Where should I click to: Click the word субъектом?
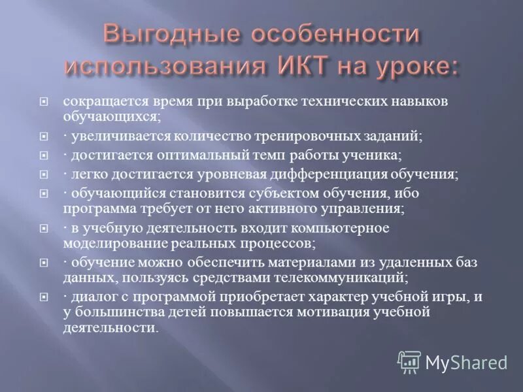pyautogui.click(x=275, y=193)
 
